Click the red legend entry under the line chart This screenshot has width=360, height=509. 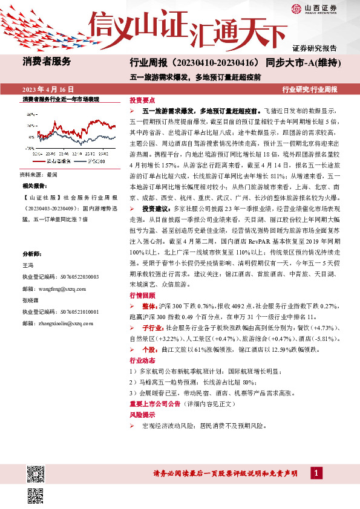(57, 161)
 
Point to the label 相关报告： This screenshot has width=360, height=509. (36, 186)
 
